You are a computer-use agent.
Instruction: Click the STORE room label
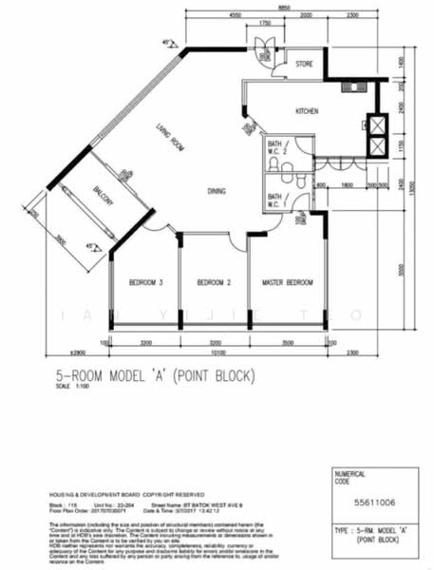click(304, 65)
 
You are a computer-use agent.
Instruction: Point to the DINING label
click(217, 192)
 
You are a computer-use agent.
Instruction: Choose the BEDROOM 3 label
click(147, 282)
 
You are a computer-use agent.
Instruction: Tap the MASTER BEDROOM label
click(288, 282)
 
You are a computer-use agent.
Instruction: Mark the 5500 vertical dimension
click(403, 269)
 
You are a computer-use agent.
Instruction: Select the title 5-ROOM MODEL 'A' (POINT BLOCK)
click(158, 376)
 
